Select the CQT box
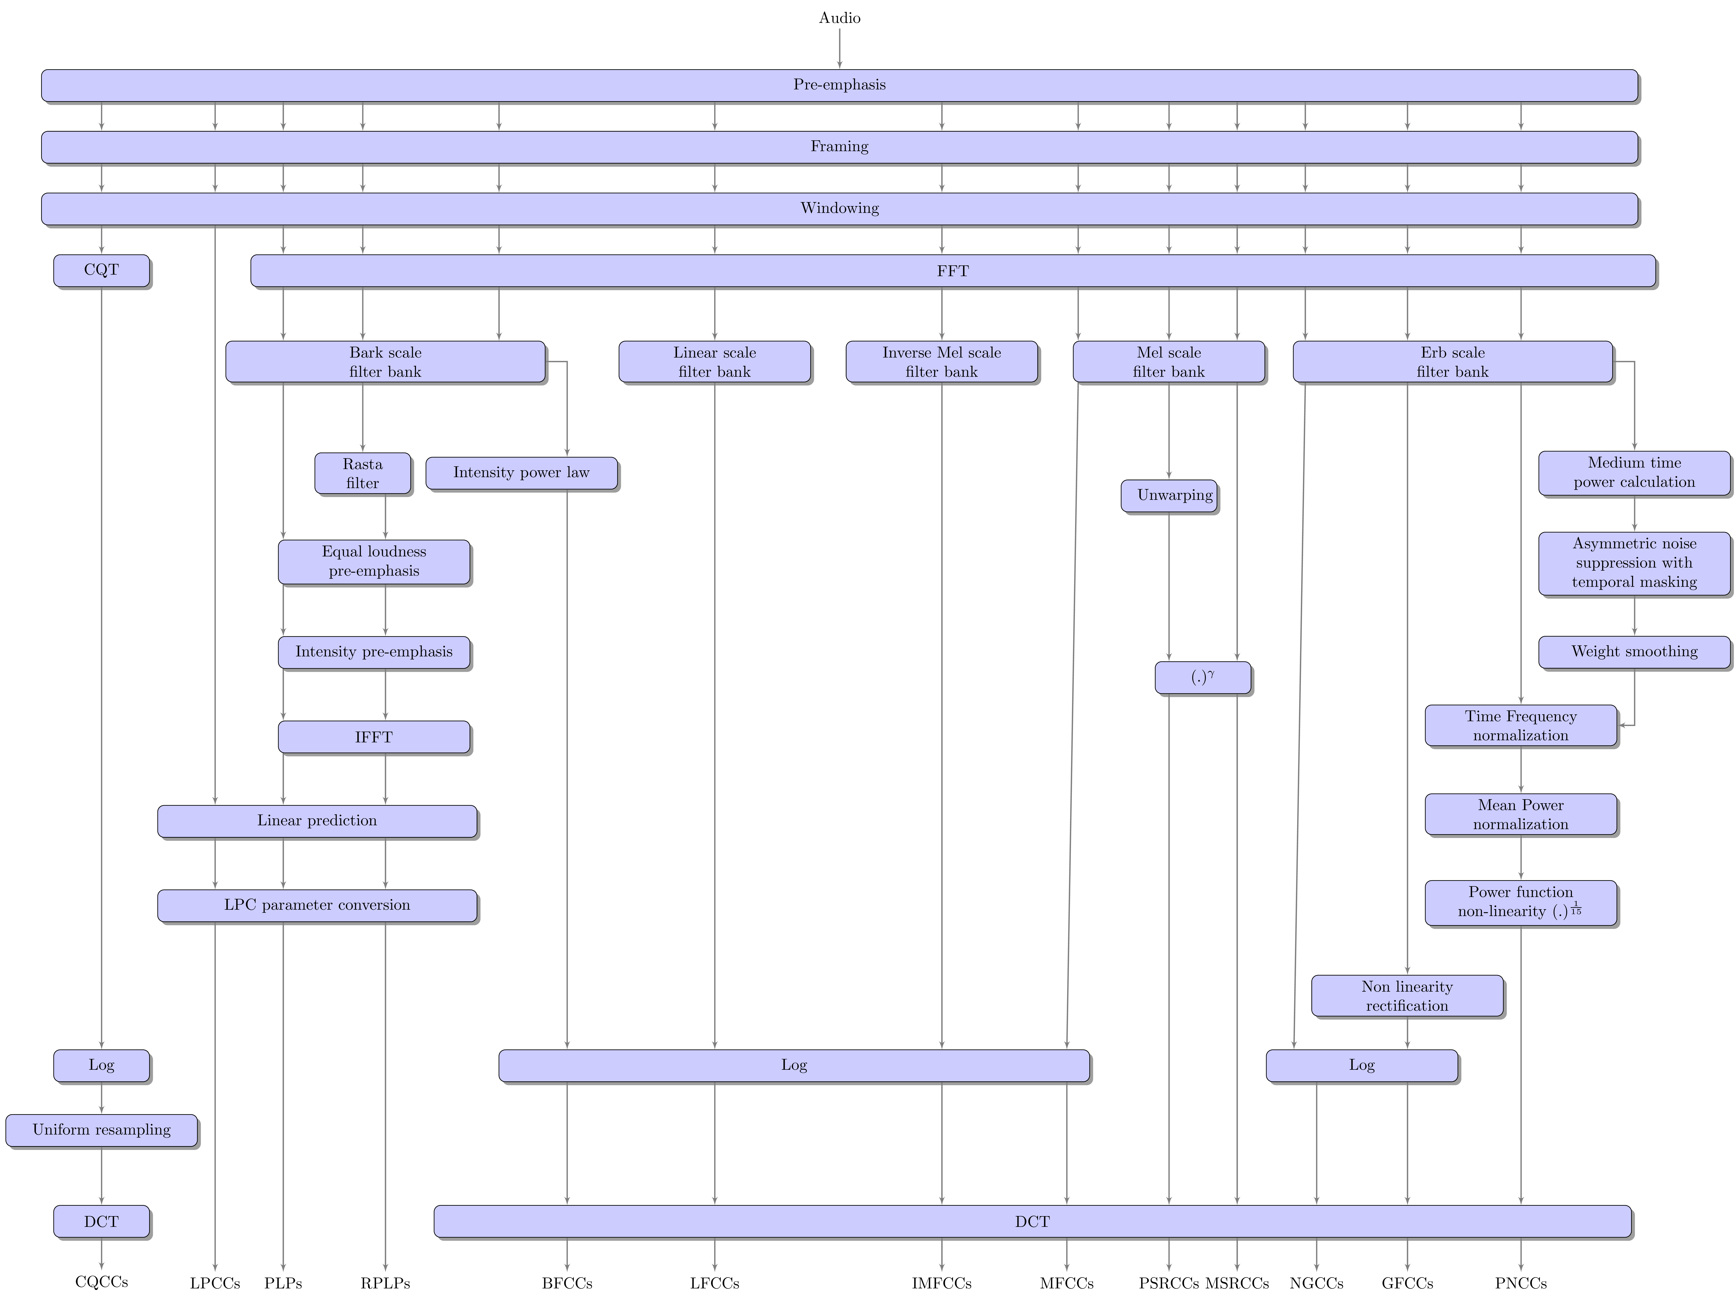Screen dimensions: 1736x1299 [101, 270]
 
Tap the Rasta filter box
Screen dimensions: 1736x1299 [363, 473]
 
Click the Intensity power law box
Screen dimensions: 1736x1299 [521, 473]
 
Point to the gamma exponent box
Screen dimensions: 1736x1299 [1202, 677]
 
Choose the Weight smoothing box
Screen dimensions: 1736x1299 [1634, 651]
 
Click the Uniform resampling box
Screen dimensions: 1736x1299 [101, 1130]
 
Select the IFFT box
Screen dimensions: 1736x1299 [374, 737]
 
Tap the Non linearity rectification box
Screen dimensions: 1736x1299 [1407, 996]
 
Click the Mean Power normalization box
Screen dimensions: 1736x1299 [1520, 814]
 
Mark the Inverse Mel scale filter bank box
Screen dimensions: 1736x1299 [941, 362]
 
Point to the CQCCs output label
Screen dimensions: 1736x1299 [101, 1282]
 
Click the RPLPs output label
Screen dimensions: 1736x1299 [385, 1283]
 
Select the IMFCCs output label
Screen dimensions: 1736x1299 [941, 1283]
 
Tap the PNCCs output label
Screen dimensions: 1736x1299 [1520, 1283]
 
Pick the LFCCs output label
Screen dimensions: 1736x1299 [714, 1283]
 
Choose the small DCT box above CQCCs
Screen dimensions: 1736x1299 [101, 1221]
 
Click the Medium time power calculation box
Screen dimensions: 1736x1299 [1634, 473]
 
